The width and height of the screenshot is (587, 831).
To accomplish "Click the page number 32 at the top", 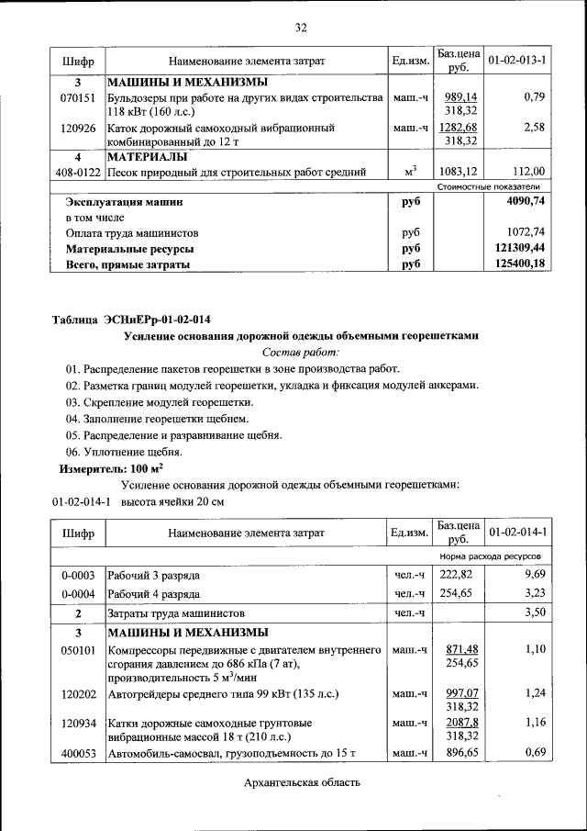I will pos(300,28).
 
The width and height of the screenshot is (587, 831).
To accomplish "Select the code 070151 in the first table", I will pos(78,96).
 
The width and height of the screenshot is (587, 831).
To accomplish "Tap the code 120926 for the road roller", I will pos(78,128).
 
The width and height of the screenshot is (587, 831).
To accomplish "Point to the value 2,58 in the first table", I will pos(534,128).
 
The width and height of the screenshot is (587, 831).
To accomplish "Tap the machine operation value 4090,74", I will pos(525,201).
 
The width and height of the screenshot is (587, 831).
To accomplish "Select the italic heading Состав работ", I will pos(300,352).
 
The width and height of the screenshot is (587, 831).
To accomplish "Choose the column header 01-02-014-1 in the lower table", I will pos(517,532).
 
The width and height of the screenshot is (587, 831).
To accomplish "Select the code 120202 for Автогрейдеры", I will pos(78,694).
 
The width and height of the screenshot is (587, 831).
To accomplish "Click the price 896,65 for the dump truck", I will pos(460,753).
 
